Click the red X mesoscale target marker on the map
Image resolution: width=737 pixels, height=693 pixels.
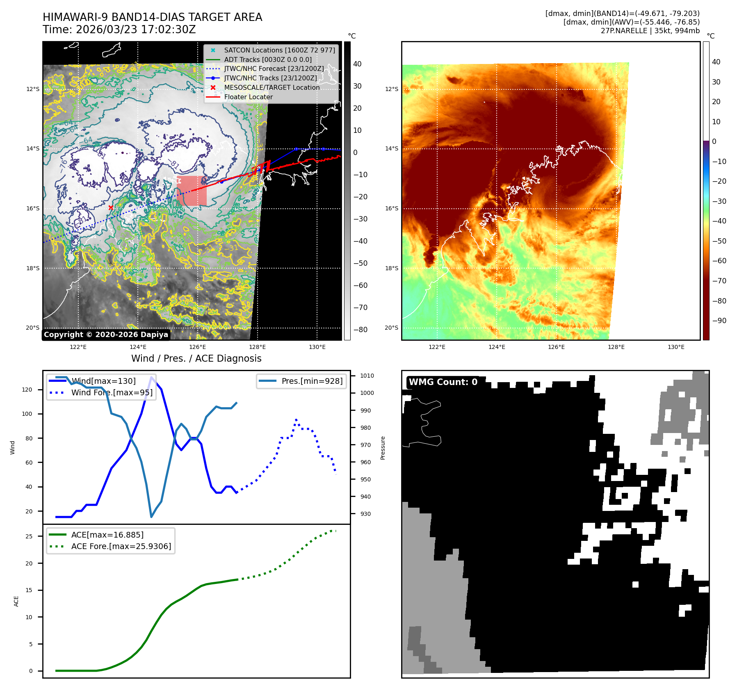(111, 207)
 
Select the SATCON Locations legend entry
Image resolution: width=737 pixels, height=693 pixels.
(279, 50)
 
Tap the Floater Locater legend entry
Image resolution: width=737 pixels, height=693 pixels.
(248, 97)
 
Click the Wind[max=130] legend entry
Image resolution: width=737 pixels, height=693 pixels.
(103, 381)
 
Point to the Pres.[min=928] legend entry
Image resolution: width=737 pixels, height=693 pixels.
(312, 381)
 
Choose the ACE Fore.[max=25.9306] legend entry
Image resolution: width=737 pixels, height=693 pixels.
(121, 546)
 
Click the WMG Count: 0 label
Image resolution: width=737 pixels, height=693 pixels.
(443, 382)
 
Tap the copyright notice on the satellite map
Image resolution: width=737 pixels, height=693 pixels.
(106, 335)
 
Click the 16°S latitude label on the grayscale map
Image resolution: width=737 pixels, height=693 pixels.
(33, 208)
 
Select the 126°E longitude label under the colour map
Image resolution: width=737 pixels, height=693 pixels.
(556, 347)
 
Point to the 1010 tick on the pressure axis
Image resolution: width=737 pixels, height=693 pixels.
(367, 376)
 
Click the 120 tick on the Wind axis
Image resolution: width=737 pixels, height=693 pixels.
(27, 390)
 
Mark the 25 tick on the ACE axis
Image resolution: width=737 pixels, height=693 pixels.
(29, 536)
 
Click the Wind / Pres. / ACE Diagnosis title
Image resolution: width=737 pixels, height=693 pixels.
(196, 358)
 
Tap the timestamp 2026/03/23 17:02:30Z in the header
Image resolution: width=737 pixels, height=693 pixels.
(136, 30)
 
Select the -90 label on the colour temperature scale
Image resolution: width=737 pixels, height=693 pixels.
(719, 321)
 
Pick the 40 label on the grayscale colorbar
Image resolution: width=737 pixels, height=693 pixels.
(357, 64)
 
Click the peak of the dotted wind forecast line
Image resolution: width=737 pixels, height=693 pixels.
(296, 420)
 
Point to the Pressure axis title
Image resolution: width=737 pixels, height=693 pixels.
(383, 448)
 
